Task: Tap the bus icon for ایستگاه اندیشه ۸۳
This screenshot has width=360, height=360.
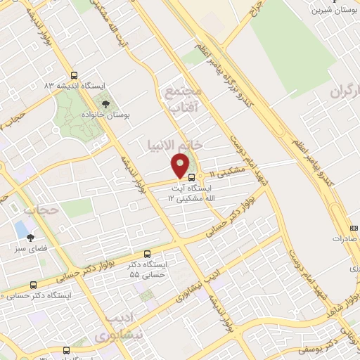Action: (x=75, y=77)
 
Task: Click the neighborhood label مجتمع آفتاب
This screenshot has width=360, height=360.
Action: (x=184, y=99)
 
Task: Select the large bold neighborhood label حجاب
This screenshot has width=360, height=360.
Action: (x=39, y=210)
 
